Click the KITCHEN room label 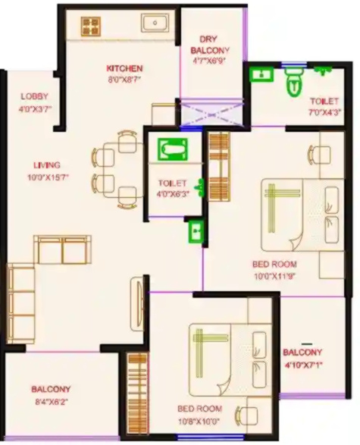click(x=125, y=68)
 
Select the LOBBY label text click(x=33, y=97)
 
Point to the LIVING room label click(x=46, y=165)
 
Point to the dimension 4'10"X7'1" click(x=302, y=365)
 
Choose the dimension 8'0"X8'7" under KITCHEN click(x=124, y=79)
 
